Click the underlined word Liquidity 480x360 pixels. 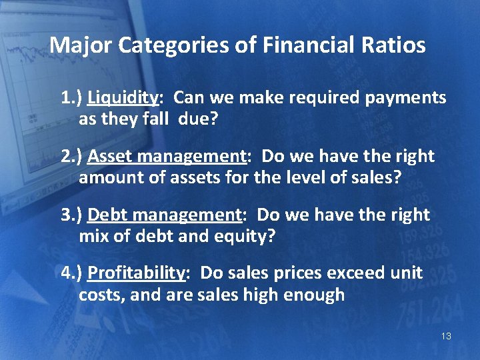point(123,99)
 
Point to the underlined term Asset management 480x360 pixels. point(167,157)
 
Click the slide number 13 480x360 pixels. point(446,336)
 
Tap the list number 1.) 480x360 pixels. point(71,99)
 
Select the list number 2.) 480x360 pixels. point(71,157)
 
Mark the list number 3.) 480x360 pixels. point(71,215)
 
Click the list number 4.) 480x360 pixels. point(71,273)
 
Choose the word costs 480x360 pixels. point(101,295)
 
